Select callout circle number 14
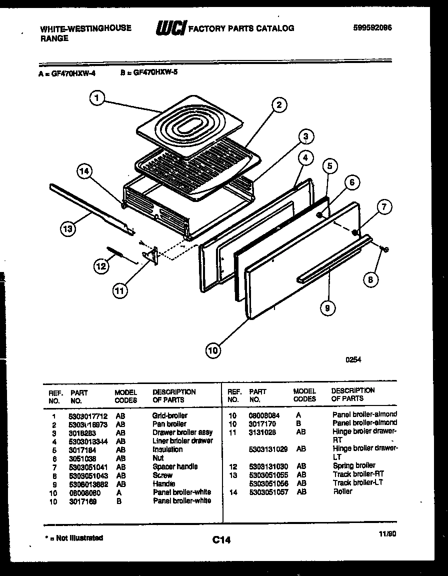click(85, 172)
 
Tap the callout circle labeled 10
click(213, 350)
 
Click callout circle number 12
click(101, 266)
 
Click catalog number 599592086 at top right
click(372, 28)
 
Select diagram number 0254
click(353, 359)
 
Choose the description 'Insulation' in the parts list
click(167, 449)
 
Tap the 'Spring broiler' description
click(354, 465)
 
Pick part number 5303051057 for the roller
click(268, 491)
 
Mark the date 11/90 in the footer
click(387, 534)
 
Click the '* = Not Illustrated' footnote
click(73, 538)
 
